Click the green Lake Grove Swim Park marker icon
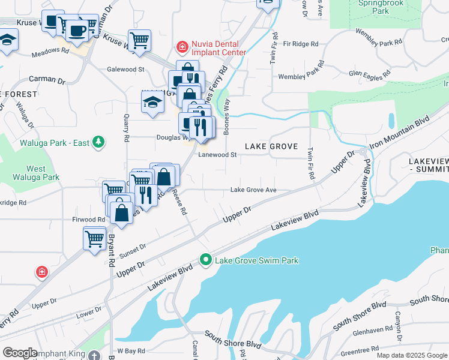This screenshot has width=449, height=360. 206,260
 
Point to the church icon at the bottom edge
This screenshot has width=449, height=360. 94,355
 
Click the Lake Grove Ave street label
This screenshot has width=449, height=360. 253,191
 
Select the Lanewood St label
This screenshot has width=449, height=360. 218,154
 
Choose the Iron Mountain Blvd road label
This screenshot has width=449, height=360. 400,132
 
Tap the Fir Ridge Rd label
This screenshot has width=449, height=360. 301,44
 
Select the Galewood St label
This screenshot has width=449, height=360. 125,69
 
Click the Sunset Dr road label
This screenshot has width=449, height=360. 134,250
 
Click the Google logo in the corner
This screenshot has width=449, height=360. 20,353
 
